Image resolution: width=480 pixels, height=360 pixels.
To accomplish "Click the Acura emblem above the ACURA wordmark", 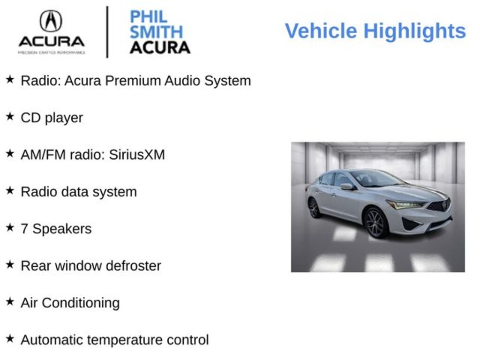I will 51,21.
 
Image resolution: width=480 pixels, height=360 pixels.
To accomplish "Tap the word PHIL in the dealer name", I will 149,17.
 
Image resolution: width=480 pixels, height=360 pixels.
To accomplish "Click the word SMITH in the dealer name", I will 156,32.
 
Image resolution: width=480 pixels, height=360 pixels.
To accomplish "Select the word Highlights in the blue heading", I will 414,31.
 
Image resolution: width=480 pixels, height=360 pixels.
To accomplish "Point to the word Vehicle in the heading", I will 321,31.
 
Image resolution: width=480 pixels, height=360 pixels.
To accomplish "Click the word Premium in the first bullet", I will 133,81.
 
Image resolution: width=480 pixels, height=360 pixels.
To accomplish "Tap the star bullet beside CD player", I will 10,117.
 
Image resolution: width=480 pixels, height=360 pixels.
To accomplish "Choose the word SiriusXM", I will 137,155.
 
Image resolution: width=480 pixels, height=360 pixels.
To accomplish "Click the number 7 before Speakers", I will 24,229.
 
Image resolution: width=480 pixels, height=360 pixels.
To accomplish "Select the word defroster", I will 134,266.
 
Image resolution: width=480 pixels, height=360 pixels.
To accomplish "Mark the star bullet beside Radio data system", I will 10,191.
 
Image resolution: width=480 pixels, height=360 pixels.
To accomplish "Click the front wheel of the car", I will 375,222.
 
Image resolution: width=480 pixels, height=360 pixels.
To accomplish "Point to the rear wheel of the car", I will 314,208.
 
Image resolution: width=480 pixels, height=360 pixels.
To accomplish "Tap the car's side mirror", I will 346,187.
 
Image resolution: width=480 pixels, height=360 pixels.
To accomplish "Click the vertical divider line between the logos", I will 107,32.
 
